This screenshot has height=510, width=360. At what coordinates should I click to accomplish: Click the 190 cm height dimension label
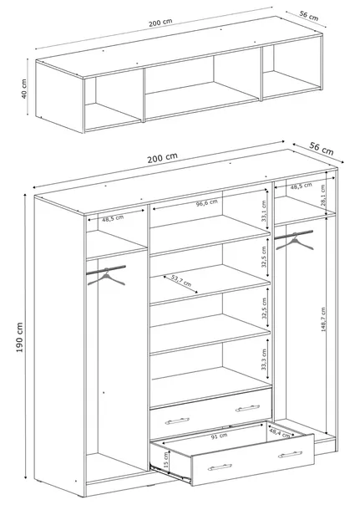coord(19,338)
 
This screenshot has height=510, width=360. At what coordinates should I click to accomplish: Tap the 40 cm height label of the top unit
coord(24,89)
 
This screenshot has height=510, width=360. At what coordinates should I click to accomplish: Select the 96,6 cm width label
coord(206,203)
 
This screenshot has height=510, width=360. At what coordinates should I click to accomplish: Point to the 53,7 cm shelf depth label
coord(180,281)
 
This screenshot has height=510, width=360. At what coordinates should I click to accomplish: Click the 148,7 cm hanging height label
coord(323,319)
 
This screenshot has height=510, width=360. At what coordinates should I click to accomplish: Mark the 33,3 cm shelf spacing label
coord(263,360)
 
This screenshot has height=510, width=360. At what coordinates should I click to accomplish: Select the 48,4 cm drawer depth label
coord(280,433)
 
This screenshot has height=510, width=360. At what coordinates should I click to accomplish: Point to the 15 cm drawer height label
coord(166,460)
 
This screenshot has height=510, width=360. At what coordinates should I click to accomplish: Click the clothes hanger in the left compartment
coord(106,277)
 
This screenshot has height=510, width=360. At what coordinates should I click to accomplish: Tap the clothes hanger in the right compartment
coord(295,242)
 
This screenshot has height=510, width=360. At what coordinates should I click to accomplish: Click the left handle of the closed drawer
coord(177,421)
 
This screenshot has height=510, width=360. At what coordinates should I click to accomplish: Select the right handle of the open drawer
coord(290,454)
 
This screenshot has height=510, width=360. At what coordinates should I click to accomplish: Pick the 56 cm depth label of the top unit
coord(309,16)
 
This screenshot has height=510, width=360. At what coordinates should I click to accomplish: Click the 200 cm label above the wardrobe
coord(162,158)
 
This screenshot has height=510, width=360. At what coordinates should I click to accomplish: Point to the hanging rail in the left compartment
coord(106,270)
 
